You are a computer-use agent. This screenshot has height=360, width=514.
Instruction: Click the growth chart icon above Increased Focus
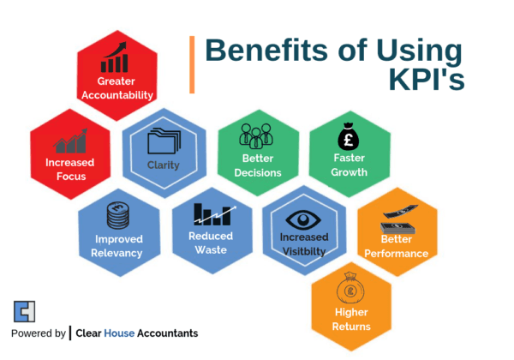tap(71, 141)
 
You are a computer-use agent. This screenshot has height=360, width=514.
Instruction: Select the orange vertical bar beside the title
tap(192, 63)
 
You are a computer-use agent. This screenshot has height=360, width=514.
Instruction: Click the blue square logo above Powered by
tap(24, 311)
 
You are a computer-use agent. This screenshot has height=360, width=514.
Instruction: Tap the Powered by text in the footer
tap(39, 333)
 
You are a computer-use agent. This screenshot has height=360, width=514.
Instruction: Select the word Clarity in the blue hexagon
tap(163, 165)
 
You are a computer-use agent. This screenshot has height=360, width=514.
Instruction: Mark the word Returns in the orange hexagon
tap(351, 327)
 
